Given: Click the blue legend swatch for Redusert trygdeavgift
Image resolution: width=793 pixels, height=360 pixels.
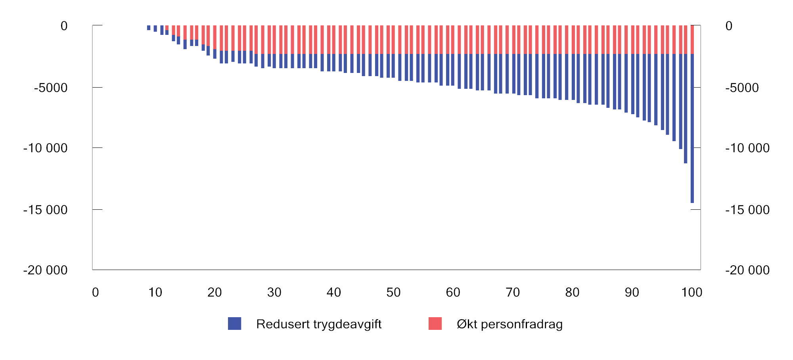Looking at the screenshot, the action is point(234,324).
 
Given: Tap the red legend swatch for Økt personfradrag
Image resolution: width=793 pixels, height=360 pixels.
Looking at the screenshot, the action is point(435,324).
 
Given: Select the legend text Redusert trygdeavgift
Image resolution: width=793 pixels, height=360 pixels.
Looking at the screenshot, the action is point(319,324).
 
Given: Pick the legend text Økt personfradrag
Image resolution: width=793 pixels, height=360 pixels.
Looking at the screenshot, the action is point(510,324).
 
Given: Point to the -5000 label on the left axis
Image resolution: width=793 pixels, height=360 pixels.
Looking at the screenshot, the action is point(51,88).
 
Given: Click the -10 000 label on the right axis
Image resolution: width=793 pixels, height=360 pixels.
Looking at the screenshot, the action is point(747,148).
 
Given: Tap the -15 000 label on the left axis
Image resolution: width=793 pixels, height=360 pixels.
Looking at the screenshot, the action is point(45,210).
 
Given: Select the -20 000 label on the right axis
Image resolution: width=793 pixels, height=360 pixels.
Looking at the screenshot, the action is point(747,270).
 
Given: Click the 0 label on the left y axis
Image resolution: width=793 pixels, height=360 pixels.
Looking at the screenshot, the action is point(64,26).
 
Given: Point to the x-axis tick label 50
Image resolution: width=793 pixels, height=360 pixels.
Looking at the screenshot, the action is point(393,292).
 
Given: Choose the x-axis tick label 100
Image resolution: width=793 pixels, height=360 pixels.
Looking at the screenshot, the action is point(691,292).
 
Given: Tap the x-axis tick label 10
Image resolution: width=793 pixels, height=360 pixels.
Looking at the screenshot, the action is point(155,292).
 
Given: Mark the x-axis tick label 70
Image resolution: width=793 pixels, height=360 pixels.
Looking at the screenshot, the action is point(513,292).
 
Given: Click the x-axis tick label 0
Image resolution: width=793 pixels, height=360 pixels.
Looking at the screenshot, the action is point(96,292).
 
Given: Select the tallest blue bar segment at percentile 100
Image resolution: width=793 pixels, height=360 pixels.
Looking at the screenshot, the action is point(692,128).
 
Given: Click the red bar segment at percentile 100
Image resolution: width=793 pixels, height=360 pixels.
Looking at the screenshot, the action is point(692,40).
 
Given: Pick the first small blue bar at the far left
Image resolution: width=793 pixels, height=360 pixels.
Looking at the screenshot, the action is point(149,28).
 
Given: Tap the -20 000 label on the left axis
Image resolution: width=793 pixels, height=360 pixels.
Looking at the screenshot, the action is point(45,270).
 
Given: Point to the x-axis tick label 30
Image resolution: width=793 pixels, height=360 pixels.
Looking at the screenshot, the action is point(274,292).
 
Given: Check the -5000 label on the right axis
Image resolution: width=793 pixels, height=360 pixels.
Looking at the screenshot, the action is point(742,88).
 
